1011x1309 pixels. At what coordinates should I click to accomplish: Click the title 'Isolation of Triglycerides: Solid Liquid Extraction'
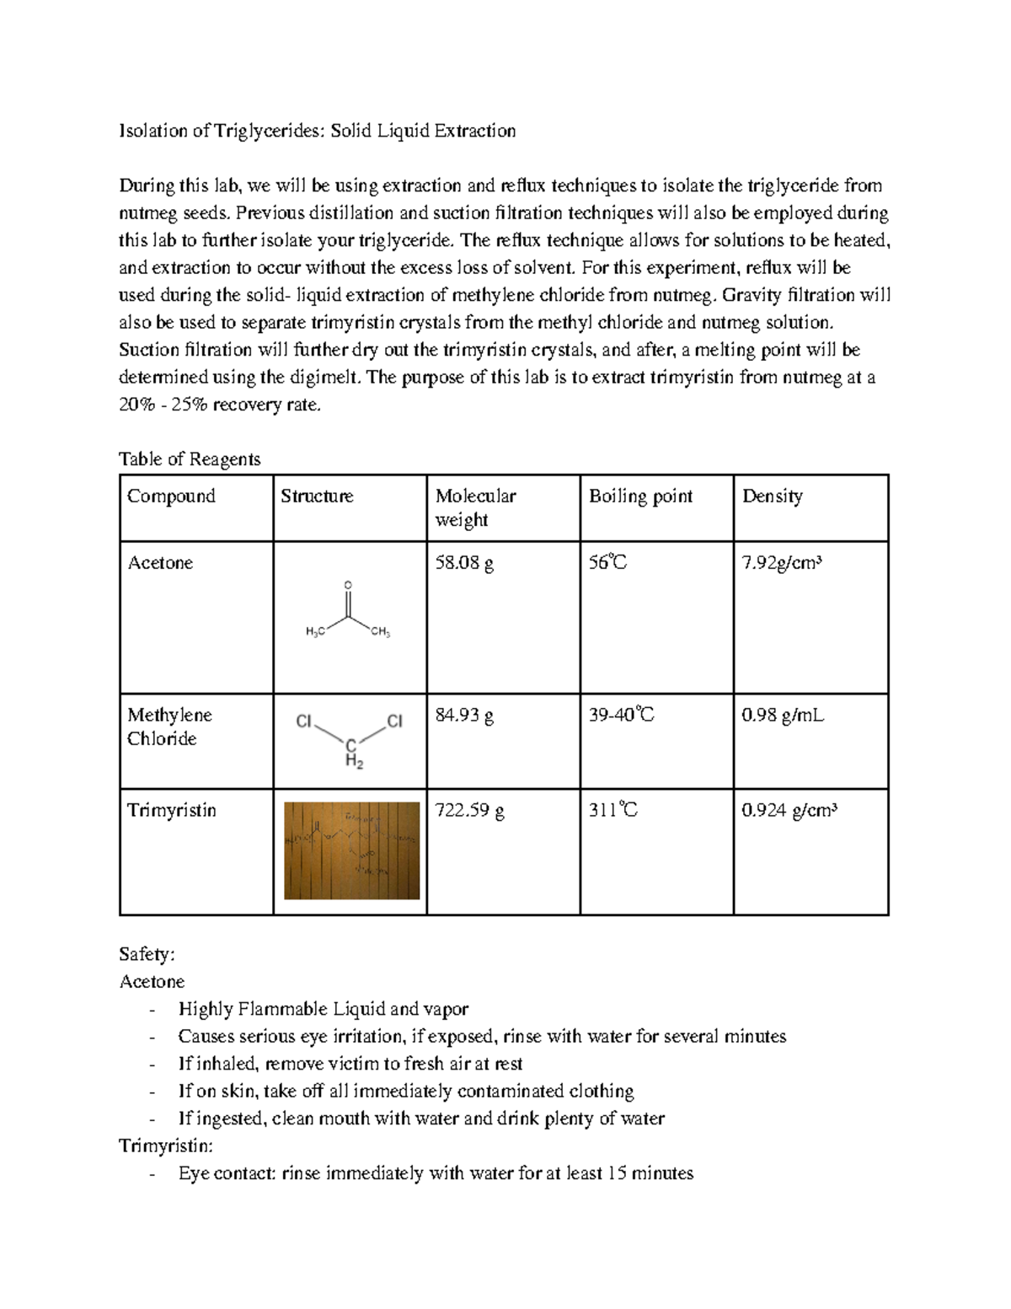[x=317, y=131]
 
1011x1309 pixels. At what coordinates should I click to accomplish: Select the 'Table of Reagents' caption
[x=190, y=459]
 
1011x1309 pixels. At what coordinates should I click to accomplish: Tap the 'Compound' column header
[x=171, y=496]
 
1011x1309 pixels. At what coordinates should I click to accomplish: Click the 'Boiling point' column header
[x=640, y=496]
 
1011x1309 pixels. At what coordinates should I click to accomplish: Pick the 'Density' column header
[x=772, y=496]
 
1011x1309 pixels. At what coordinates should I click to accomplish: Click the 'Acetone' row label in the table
[x=160, y=563]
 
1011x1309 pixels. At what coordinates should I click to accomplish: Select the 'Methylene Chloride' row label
[x=168, y=727]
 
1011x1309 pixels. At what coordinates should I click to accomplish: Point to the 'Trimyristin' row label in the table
[x=172, y=811]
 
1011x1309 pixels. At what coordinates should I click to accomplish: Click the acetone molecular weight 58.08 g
[x=464, y=563]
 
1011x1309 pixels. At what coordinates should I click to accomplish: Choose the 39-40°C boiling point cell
[x=621, y=716]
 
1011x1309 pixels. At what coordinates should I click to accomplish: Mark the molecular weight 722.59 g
[x=469, y=811]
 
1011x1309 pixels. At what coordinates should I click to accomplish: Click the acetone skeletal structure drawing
[x=348, y=611]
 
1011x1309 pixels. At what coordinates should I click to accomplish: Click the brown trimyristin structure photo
[x=351, y=850]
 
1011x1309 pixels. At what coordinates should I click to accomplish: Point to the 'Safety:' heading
[x=147, y=954]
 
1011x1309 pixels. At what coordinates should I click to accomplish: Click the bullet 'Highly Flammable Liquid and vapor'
[x=324, y=1009]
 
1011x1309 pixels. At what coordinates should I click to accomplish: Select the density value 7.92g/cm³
[x=781, y=563]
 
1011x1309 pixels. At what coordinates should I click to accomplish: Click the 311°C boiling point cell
[x=612, y=811]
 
